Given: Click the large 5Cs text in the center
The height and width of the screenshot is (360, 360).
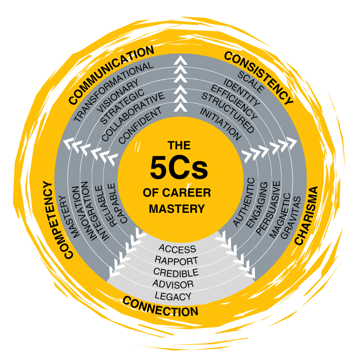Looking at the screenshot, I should (x=179, y=168).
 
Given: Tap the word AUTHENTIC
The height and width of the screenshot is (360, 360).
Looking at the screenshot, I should (x=244, y=202).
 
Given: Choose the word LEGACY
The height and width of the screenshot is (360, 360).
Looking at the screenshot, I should (x=173, y=296).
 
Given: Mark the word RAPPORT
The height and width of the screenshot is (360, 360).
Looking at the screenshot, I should (x=176, y=261).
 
